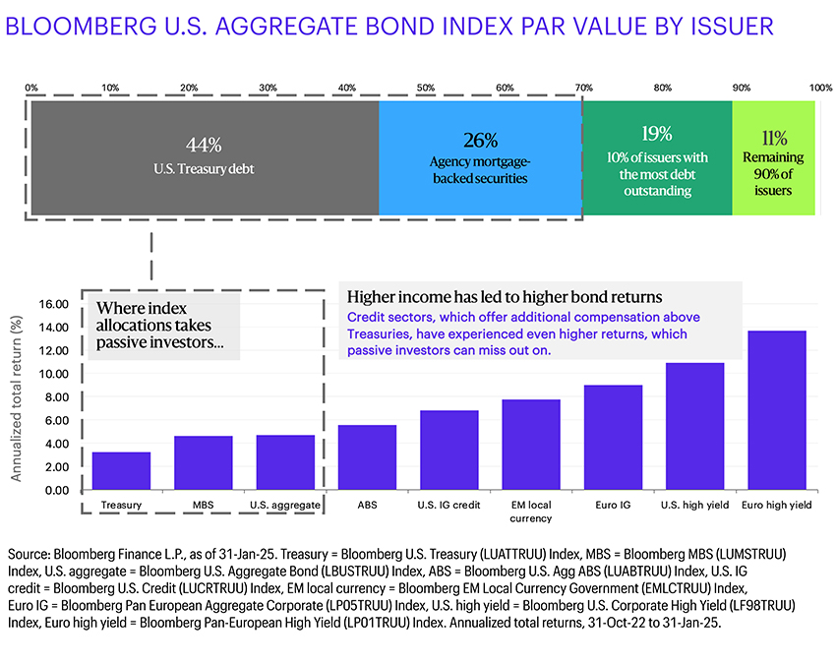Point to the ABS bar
[367, 457]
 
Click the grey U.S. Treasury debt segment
[205, 187]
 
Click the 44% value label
[204, 145]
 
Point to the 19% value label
[657, 134]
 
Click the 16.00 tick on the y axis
[55, 304]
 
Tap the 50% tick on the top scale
[426, 88]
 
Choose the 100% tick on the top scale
[820, 88]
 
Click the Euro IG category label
[613, 506]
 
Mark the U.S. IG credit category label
[448, 506]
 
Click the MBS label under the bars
[204, 506]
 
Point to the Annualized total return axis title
[17, 394]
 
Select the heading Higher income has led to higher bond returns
[505, 296]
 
